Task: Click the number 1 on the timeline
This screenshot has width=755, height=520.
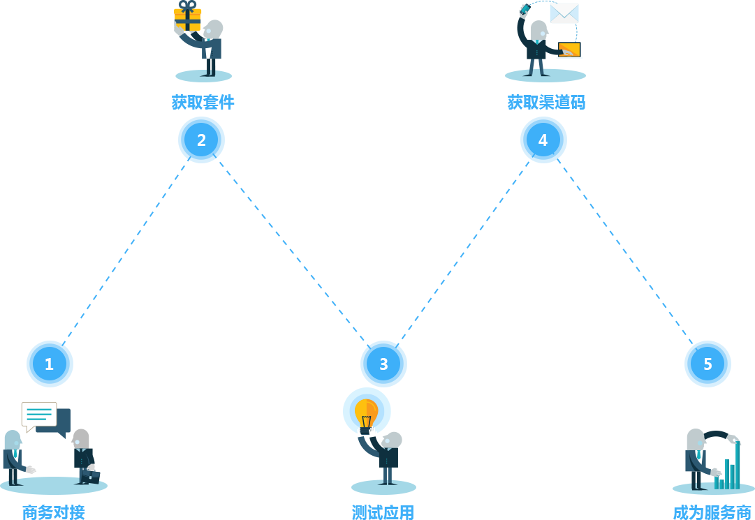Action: [x=49, y=364]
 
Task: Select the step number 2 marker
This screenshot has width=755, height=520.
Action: [x=201, y=140]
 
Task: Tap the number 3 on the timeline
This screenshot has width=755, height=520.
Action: [x=383, y=364]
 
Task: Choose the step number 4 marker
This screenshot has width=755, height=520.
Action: [x=543, y=140]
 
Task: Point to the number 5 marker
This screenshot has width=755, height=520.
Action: [x=708, y=364]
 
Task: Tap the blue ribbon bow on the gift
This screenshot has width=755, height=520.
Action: [x=187, y=6]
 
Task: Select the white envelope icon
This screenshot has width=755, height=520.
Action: [x=564, y=13]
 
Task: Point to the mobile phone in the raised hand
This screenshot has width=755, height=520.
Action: [x=525, y=8]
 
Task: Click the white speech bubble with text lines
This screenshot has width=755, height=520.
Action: [x=39, y=415]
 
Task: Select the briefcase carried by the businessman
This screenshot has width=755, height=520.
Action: [x=90, y=476]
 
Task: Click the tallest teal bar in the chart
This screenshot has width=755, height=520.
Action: [x=738, y=464]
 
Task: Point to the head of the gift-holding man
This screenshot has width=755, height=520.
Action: [x=214, y=30]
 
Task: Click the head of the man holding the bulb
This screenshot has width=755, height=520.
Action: [x=392, y=440]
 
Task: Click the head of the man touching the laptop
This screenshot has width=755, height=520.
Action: [x=538, y=30]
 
